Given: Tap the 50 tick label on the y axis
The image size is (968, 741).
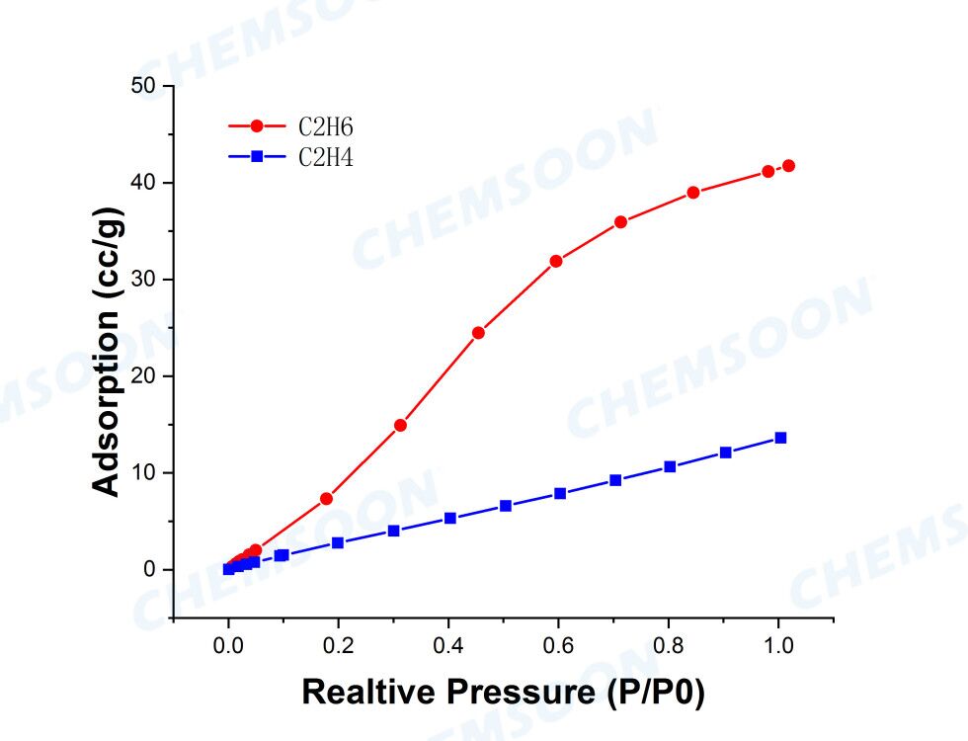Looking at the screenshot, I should (x=144, y=86).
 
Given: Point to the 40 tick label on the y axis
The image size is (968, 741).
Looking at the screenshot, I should (x=144, y=183).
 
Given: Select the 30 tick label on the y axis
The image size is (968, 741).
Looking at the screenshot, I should (x=144, y=280).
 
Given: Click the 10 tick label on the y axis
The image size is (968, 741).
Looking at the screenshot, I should (x=144, y=473).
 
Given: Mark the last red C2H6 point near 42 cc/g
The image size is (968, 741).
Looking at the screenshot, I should (x=788, y=166).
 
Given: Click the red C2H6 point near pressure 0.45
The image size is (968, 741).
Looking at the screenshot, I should (x=478, y=333).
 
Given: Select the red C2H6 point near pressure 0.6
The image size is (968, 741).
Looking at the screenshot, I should (x=556, y=261).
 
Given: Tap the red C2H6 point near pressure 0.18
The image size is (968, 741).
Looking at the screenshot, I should (x=326, y=499).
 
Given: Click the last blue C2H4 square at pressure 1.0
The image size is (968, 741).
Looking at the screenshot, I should (x=780, y=438).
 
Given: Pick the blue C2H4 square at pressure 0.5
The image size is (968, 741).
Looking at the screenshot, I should (x=506, y=506).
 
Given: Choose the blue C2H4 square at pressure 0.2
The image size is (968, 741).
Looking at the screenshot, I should (x=338, y=542).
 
